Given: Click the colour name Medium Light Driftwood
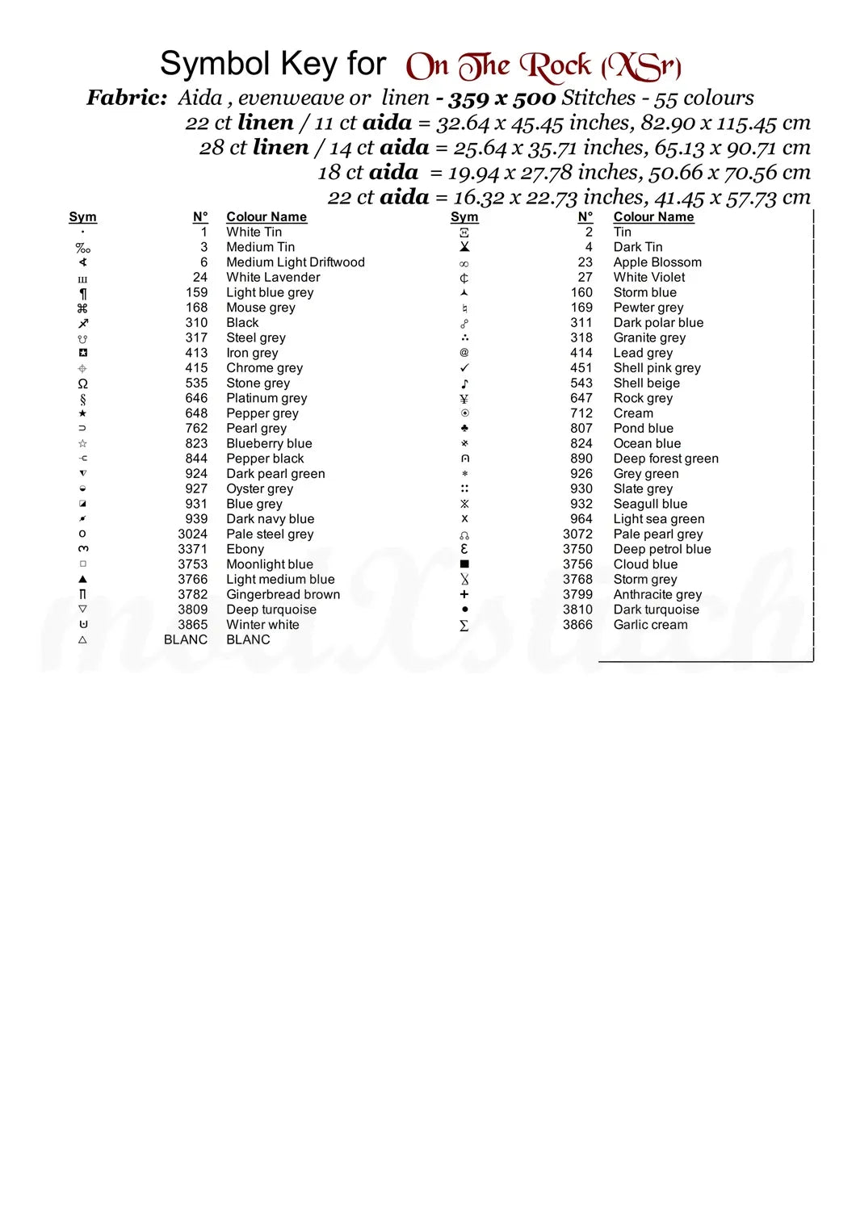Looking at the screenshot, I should [x=295, y=262].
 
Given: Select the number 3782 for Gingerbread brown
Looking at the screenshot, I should [x=192, y=595].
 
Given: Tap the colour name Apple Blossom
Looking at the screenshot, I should [x=657, y=262].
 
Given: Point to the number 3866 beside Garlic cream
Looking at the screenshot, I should [x=577, y=625].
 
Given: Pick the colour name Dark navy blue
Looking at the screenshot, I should [x=270, y=519].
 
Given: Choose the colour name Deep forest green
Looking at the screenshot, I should [x=665, y=459].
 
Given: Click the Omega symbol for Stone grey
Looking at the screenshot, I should [x=82, y=383].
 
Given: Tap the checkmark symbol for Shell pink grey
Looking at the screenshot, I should [x=464, y=368].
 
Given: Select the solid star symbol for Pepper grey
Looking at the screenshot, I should [x=82, y=413].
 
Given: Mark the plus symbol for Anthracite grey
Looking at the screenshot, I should [x=464, y=595].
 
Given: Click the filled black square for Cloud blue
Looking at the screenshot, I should [x=464, y=564].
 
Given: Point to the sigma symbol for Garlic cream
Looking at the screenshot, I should [x=464, y=626].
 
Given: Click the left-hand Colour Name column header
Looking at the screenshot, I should [x=266, y=217].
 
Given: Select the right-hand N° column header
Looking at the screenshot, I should [x=585, y=217].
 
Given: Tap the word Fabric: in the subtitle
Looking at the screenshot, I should [x=127, y=98].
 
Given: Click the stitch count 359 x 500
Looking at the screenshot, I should [x=501, y=98].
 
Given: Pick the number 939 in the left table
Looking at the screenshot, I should [x=196, y=519].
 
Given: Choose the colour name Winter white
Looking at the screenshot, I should [x=262, y=625].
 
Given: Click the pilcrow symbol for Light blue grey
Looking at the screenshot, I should [x=82, y=293].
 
